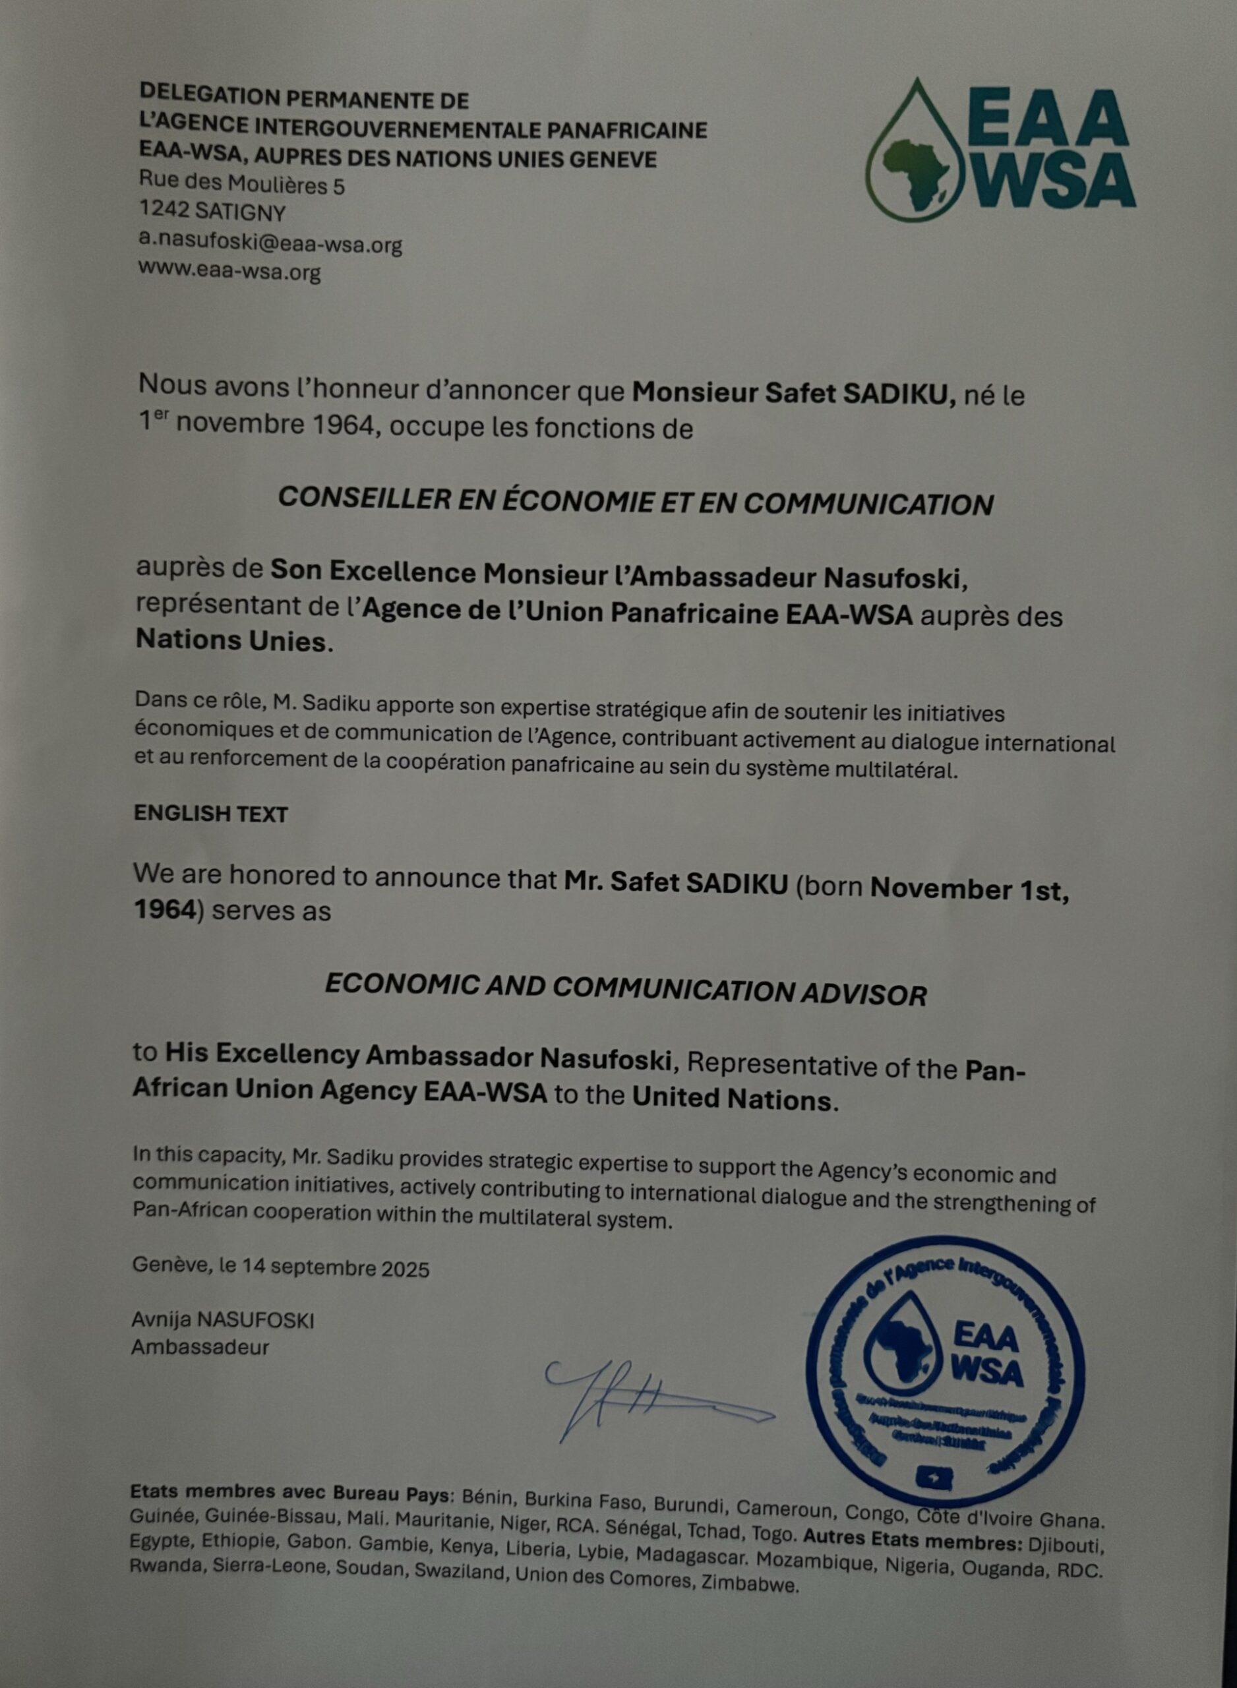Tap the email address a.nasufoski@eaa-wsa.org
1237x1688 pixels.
(x=270, y=243)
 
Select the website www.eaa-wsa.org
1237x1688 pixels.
(x=229, y=271)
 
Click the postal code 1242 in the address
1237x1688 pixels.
(x=164, y=212)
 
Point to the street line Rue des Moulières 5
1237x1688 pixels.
(x=242, y=184)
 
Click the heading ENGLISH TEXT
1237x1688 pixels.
(x=210, y=814)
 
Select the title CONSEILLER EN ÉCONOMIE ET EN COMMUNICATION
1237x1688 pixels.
(x=635, y=502)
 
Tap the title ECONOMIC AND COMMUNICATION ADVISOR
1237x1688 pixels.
(x=625, y=991)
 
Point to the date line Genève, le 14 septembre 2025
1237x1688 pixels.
(x=281, y=1268)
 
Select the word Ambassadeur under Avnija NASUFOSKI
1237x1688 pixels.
(x=200, y=1347)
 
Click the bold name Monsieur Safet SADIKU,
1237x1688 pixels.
(x=794, y=393)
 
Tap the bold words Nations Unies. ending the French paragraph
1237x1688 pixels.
(x=232, y=641)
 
